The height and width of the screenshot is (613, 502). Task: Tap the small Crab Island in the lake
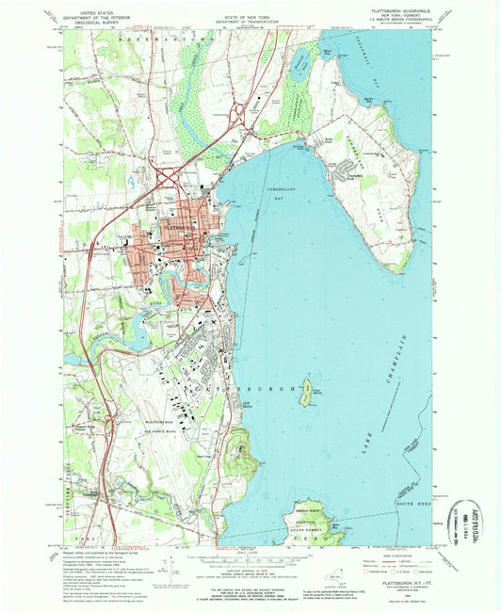(x=307, y=395)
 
